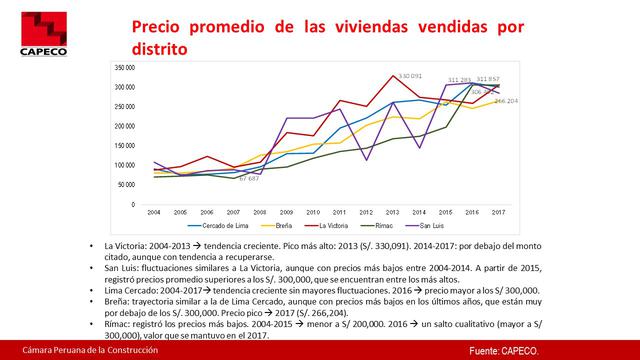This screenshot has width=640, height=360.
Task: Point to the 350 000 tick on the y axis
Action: pos(126,68)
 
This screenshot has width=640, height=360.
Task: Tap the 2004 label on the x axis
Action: pos(154,213)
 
